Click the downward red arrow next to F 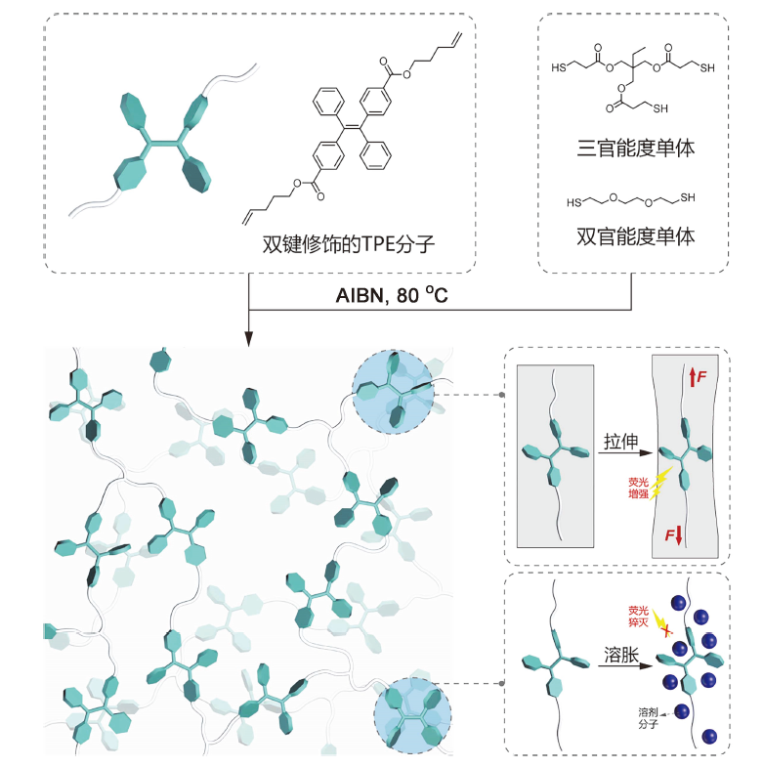[679, 536]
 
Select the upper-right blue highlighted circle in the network [391, 391]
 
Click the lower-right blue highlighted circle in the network [411, 716]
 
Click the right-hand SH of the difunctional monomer [688, 198]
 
